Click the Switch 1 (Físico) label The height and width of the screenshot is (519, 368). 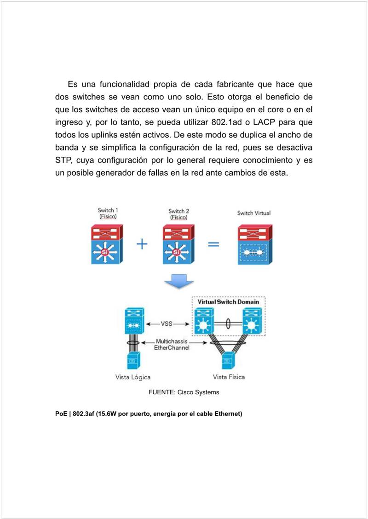pyautogui.click(x=108, y=213)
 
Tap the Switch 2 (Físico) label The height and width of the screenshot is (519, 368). pyautogui.click(x=179, y=214)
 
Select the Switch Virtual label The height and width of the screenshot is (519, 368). pyautogui.click(x=253, y=213)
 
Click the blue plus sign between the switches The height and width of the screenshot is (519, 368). pyautogui.click(x=142, y=244)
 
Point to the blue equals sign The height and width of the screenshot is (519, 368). pyautogui.click(x=213, y=244)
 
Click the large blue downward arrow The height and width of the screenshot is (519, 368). pyautogui.click(x=178, y=282)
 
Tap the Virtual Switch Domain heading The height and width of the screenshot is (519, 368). pyautogui.click(x=228, y=302)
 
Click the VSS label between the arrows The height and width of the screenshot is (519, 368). pyautogui.click(x=167, y=323)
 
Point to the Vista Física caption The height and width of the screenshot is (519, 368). pyautogui.click(x=229, y=377)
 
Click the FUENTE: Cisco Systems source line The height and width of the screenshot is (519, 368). pyautogui.click(x=184, y=392)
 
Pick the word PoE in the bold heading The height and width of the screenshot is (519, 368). pyautogui.click(x=61, y=414)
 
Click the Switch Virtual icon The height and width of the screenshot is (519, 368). pyautogui.click(x=254, y=244)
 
